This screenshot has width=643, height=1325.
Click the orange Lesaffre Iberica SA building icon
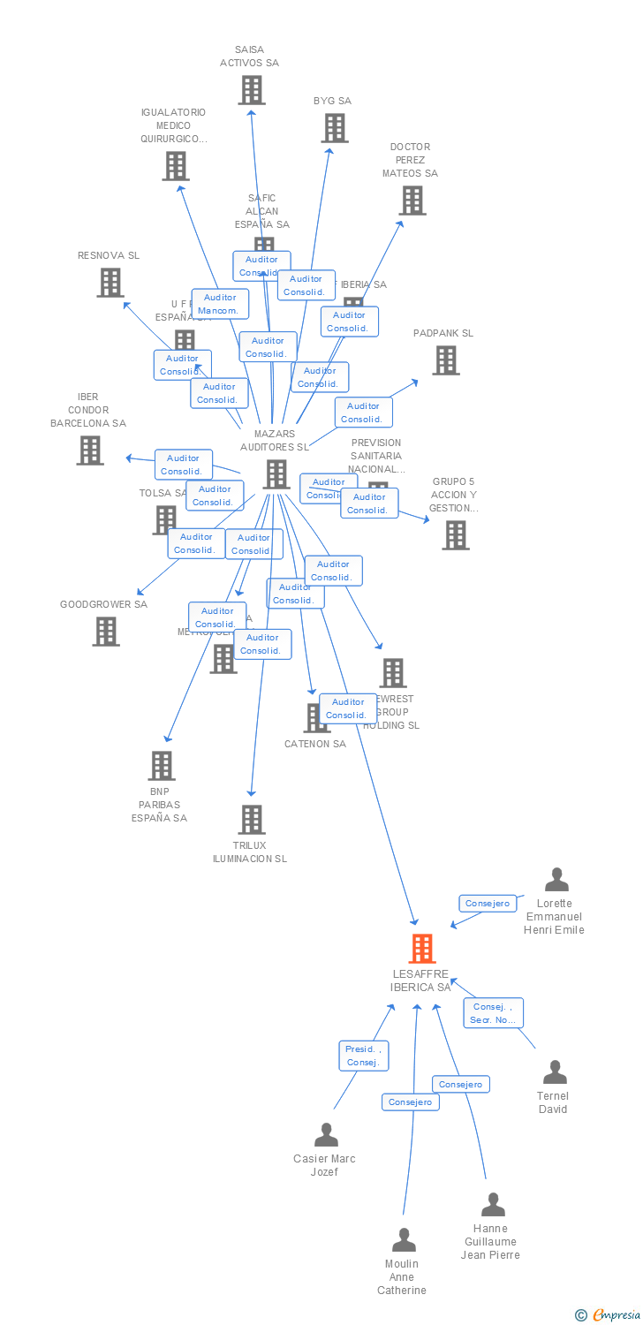[422, 948]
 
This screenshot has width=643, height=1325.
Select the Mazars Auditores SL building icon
[276, 474]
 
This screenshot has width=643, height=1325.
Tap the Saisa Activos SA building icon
[252, 89]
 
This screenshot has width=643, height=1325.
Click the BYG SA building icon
[334, 128]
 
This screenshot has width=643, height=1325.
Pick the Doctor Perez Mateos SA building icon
[412, 201]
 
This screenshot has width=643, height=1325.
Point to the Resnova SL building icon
[110, 283]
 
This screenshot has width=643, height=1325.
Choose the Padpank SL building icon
[445, 360]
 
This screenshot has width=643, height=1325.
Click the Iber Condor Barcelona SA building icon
[89, 450]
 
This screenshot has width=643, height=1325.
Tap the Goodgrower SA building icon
[106, 631]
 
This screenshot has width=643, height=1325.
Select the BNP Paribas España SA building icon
[161, 765]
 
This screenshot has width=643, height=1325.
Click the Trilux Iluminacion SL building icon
[252, 819]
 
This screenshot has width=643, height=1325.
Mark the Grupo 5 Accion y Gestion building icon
[455, 534]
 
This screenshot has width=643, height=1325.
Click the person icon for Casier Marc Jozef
[326, 1134]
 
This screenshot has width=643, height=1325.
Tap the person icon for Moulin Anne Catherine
[404, 1240]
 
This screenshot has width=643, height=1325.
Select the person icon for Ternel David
[555, 1072]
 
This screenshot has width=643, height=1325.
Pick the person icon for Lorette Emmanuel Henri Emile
[556, 880]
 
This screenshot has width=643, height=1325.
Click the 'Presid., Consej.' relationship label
[363, 1056]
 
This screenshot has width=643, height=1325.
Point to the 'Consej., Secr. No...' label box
[493, 1013]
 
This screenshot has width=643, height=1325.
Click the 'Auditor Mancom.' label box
[220, 304]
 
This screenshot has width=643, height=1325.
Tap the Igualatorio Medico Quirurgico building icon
[175, 166]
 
